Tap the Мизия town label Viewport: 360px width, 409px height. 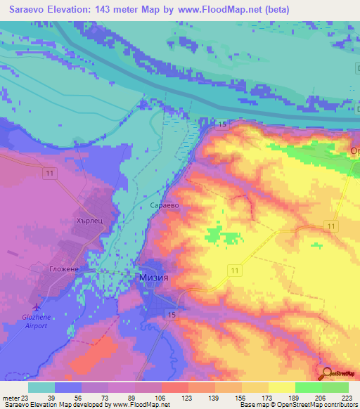(152, 278)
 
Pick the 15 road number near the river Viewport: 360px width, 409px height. (221, 124)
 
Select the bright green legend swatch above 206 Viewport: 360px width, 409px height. (307, 387)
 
